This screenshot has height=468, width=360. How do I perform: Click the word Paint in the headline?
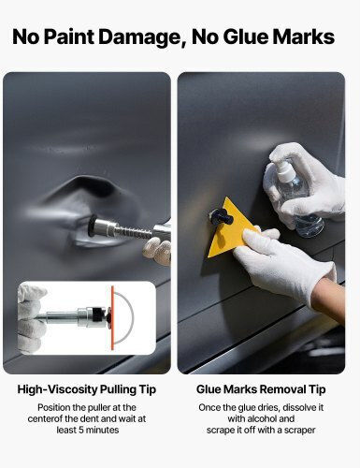69,37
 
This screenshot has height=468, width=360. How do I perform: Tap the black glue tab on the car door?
221,216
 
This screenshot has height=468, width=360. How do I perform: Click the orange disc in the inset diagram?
112,315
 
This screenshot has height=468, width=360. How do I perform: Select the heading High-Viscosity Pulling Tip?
87,389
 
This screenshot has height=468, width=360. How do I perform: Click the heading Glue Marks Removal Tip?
261,389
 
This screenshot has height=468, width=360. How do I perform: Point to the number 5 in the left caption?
80,430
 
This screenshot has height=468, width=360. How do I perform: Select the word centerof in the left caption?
45,418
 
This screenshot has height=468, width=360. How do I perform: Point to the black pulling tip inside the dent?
92,226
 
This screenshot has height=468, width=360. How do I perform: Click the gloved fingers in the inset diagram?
31,318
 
